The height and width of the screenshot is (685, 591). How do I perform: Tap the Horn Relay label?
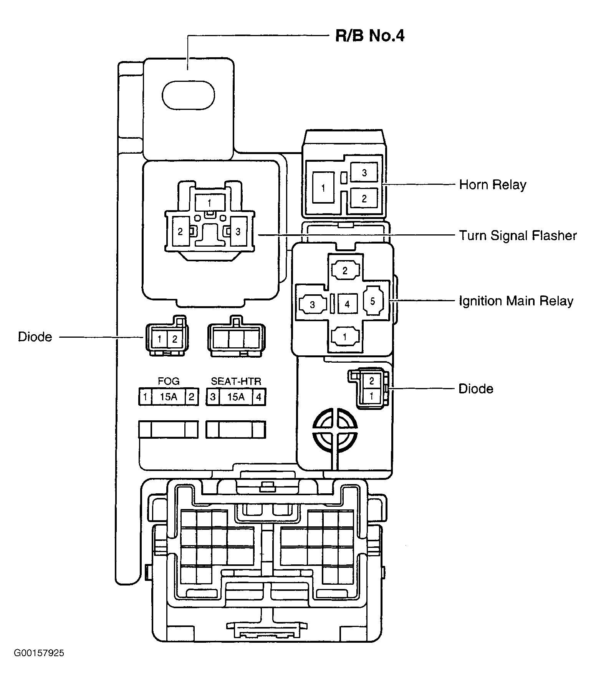[x=493, y=185]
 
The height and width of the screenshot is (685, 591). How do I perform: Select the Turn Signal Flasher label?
[x=518, y=235]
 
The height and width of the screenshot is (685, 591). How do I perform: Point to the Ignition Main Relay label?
[x=516, y=301]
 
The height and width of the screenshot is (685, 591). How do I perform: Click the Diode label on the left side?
[x=35, y=337]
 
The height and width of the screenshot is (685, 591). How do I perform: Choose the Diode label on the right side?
[x=476, y=389]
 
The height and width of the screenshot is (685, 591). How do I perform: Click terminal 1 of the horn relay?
[x=323, y=188]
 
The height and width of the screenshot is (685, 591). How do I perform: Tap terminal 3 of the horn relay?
[x=364, y=172]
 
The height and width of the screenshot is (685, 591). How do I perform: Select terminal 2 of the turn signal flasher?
[x=180, y=232]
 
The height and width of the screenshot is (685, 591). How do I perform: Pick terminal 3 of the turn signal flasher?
[x=238, y=232]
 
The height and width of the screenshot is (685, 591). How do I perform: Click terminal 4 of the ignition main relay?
[x=347, y=304]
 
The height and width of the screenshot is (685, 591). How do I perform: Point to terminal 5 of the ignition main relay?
[x=372, y=301]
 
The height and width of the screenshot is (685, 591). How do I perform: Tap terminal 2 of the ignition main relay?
[x=345, y=270]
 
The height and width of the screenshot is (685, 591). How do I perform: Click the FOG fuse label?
[x=169, y=381]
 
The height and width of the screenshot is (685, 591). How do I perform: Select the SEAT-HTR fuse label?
[x=236, y=381]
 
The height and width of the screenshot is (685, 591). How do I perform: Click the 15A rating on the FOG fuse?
[x=169, y=397]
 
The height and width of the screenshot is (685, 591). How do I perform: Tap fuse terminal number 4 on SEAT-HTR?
[x=259, y=397]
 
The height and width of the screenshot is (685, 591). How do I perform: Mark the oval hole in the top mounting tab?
[x=188, y=95]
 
